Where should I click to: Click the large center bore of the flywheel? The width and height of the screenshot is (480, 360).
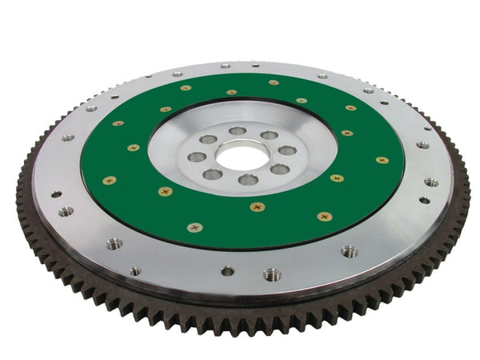242,155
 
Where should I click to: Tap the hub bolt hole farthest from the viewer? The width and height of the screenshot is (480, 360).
238,130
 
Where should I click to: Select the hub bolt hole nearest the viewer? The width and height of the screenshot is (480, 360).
248,180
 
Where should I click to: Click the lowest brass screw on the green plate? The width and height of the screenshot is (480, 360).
194,228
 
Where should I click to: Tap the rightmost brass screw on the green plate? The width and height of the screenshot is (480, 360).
382,160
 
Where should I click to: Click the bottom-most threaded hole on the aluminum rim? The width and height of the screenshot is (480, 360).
272,274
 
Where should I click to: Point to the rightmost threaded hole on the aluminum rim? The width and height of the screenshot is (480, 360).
431,182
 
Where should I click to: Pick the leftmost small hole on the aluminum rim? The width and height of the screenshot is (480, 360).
56,194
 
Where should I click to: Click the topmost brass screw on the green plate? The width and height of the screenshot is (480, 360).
274,82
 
